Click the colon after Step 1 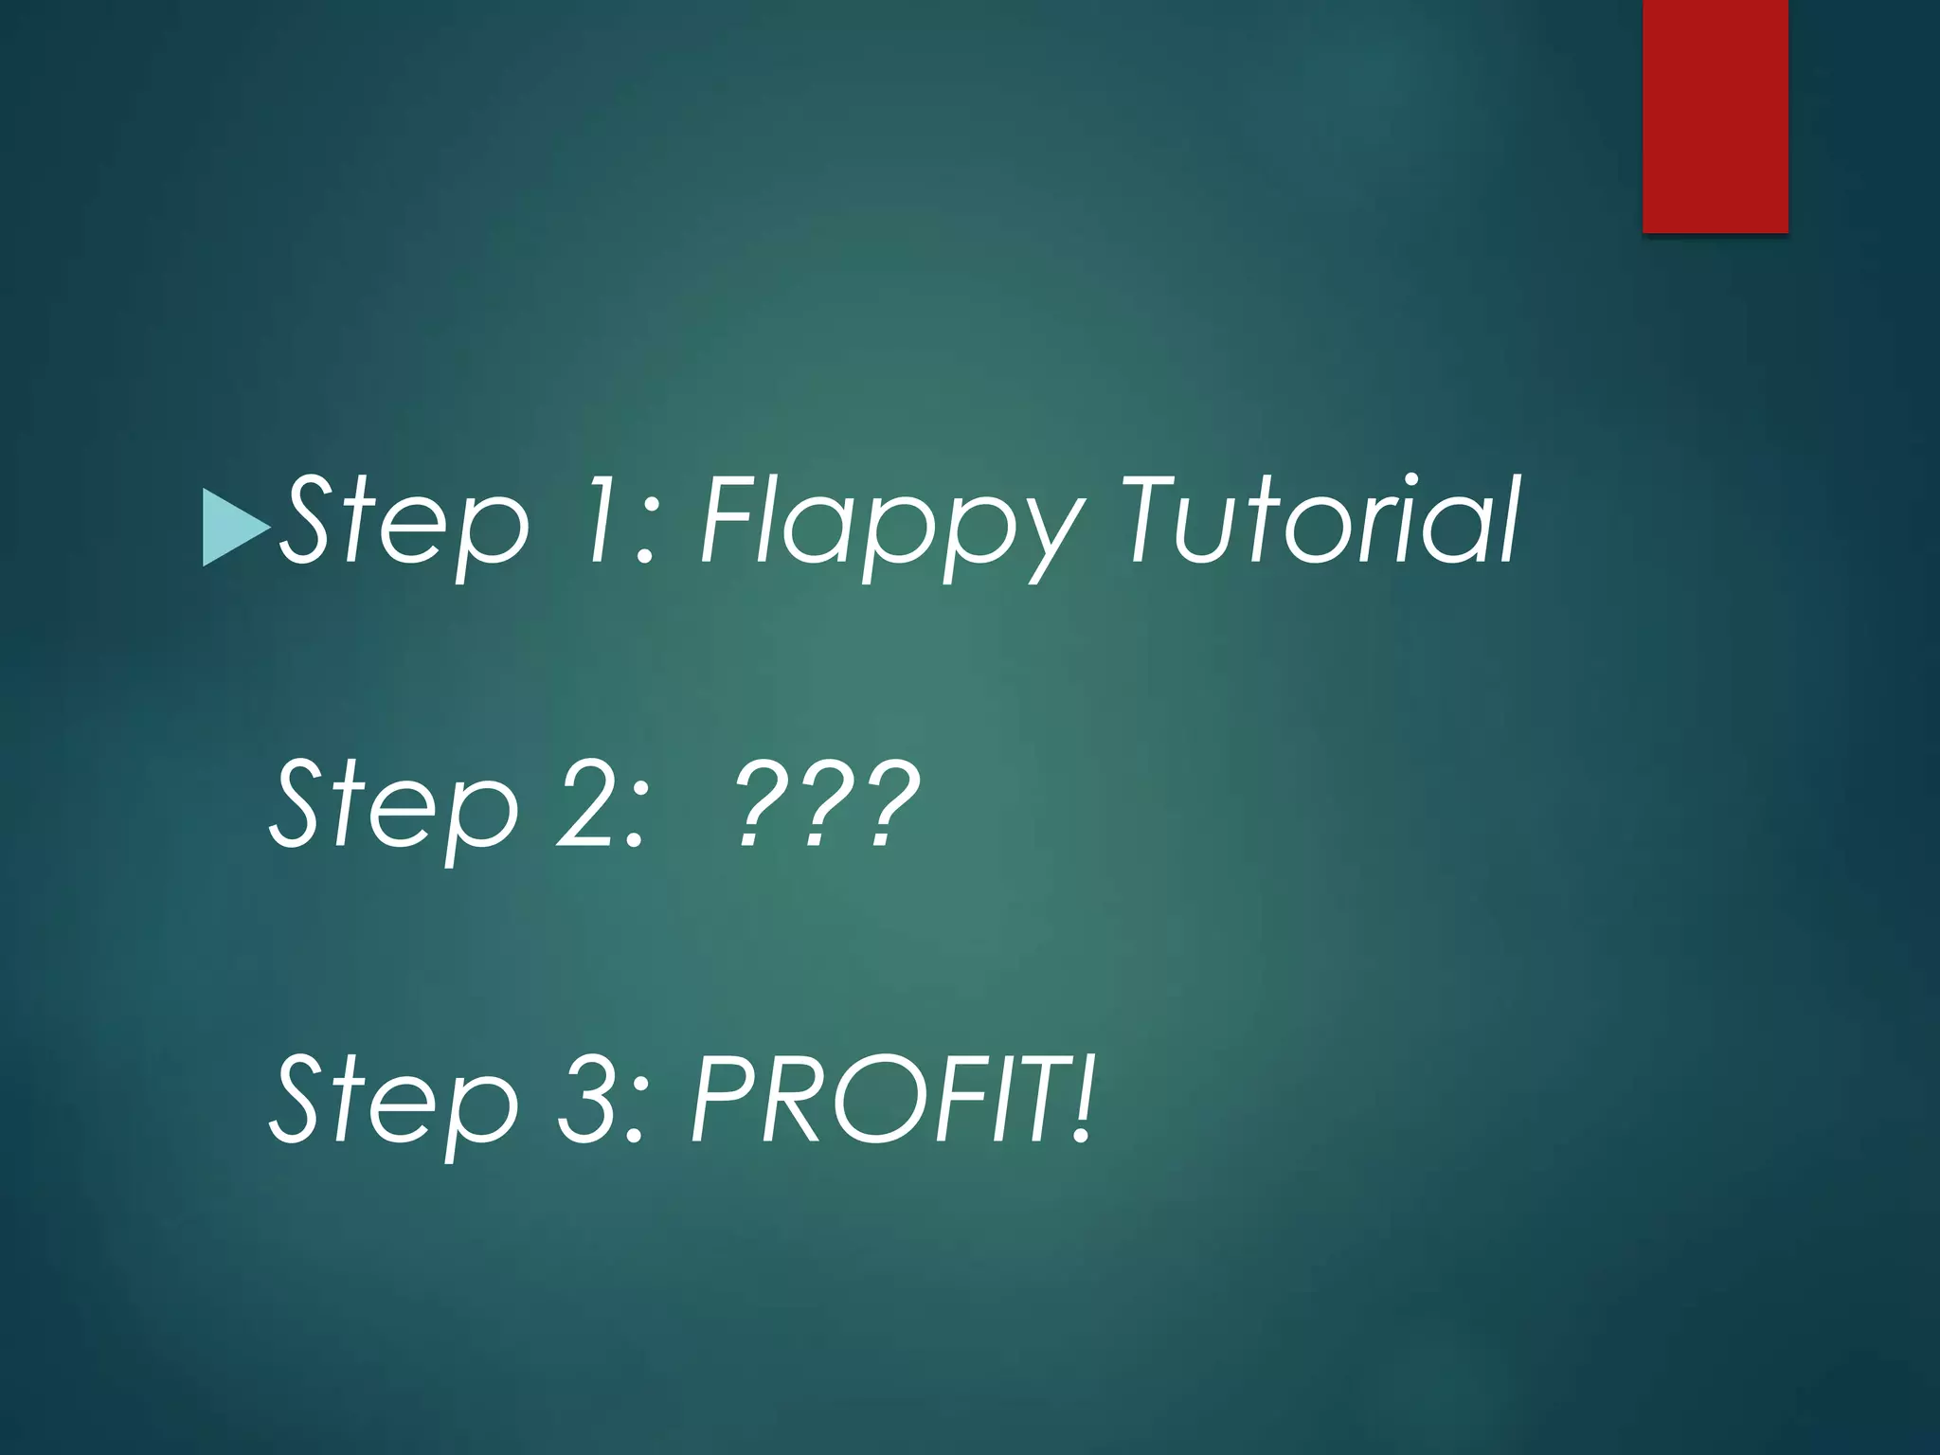pyautogui.click(x=647, y=535)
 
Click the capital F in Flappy pyautogui.click(x=731, y=519)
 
